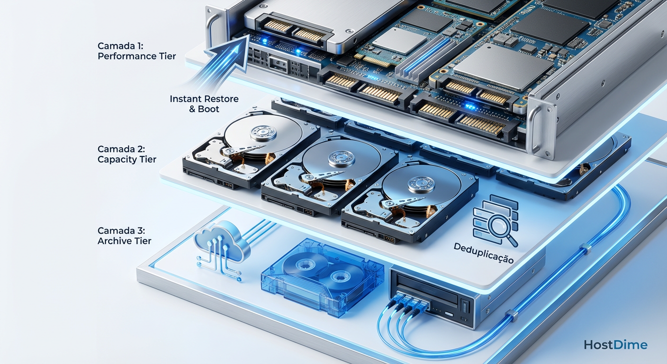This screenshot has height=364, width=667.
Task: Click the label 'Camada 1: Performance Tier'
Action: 137,51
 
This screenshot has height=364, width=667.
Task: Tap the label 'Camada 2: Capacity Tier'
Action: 127,154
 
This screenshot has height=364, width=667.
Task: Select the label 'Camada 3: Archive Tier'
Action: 124,236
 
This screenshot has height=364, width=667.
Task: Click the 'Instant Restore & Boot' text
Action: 204,104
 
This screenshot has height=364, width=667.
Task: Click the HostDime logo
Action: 615,345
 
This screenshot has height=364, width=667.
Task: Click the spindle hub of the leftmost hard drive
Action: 263,133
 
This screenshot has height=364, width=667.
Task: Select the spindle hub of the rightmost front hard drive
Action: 421,185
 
